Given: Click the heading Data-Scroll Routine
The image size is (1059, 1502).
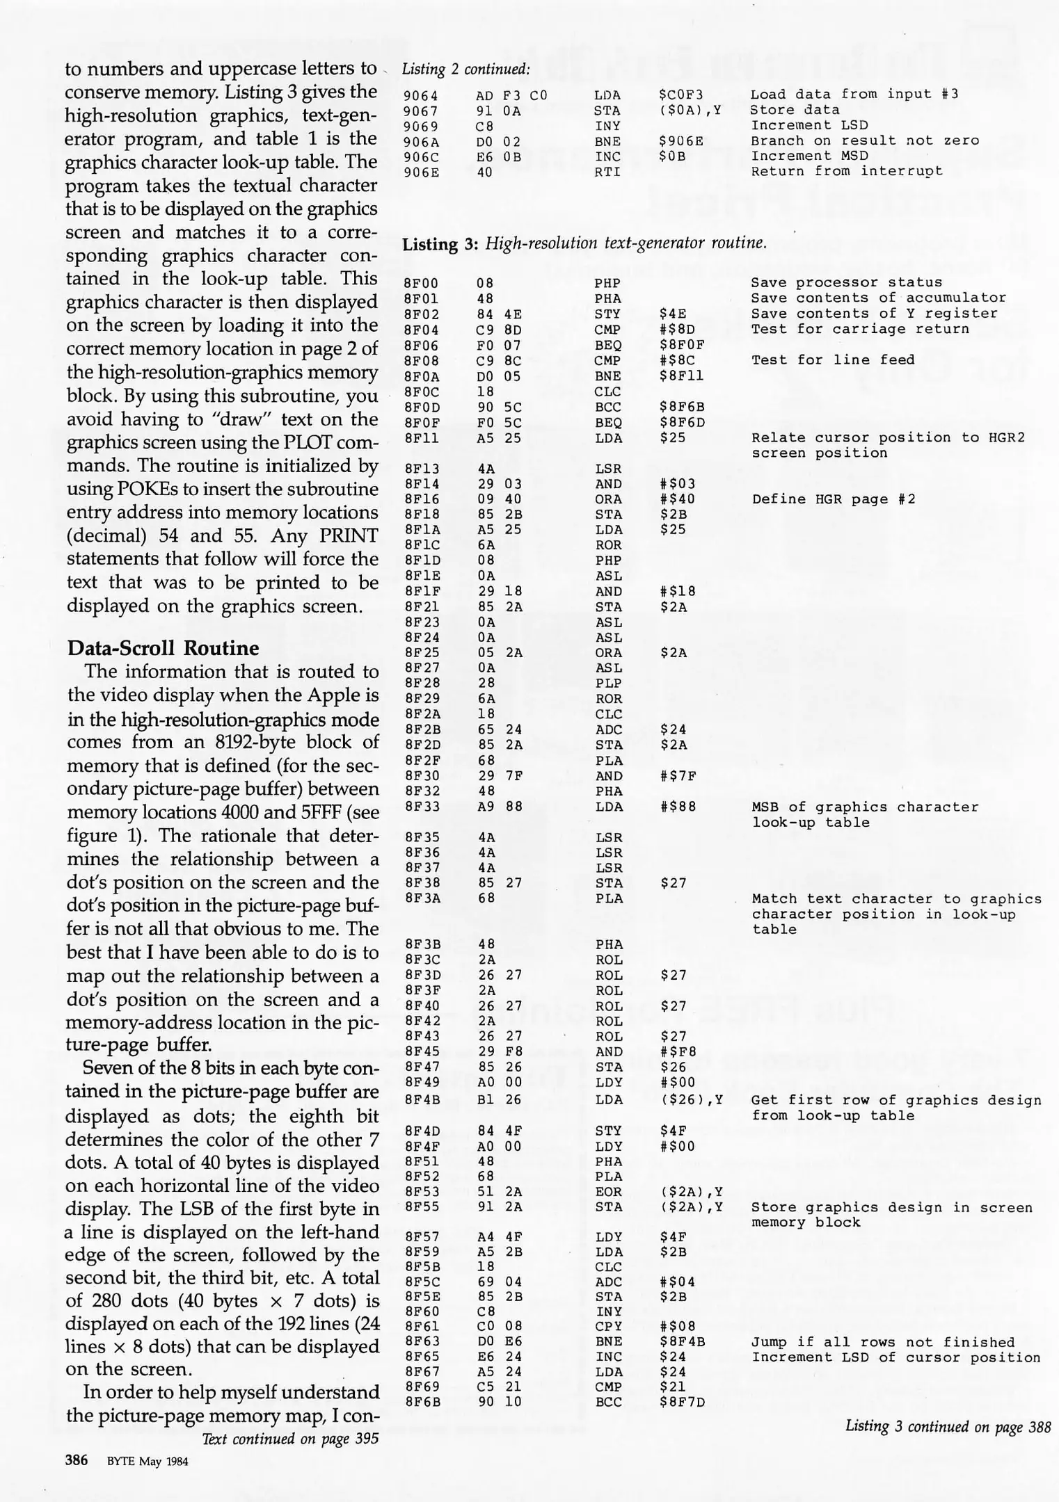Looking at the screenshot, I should click(x=163, y=648).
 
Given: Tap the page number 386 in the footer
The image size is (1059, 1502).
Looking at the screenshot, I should click(x=77, y=1460).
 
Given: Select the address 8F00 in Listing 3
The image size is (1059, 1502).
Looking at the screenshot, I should click(x=420, y=283).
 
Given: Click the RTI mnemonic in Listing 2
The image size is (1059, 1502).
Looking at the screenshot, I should click(x=607, y=172).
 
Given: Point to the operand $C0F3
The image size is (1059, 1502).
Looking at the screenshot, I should click(x=681, y=95).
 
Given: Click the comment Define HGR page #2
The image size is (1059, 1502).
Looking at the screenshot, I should click(x=833, y=499).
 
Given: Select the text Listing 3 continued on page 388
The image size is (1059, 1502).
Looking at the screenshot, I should click(x=948, y=1427).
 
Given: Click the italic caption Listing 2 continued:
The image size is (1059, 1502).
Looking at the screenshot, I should click(x=466, y=70).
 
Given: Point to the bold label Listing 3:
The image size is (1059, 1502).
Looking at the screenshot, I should click(x=440, y=244).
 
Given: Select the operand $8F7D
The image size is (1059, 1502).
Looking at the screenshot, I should click(x=682, y=1403).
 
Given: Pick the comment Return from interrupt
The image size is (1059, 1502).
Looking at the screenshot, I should click(x=846, y=172).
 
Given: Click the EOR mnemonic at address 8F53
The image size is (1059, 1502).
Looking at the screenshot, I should click(x=608, y=1193).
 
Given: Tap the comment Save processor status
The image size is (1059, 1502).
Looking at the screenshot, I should click(x=846, y=283).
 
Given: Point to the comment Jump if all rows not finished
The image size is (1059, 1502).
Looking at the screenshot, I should click(x=883, y=1342).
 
